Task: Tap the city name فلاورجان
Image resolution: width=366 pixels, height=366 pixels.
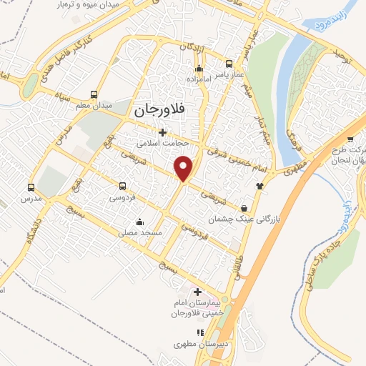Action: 159,112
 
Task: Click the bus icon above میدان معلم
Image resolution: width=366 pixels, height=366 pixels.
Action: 94,94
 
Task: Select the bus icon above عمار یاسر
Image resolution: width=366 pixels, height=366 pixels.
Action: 229,62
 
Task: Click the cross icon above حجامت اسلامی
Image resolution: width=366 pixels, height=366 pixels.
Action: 163,132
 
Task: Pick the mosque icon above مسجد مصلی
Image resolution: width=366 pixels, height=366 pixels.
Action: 139,221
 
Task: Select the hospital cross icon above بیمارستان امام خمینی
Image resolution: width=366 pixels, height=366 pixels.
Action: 198,292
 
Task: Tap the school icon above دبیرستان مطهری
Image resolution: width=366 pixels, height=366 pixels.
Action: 201,332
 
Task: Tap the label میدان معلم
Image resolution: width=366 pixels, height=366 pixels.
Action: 93,106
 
